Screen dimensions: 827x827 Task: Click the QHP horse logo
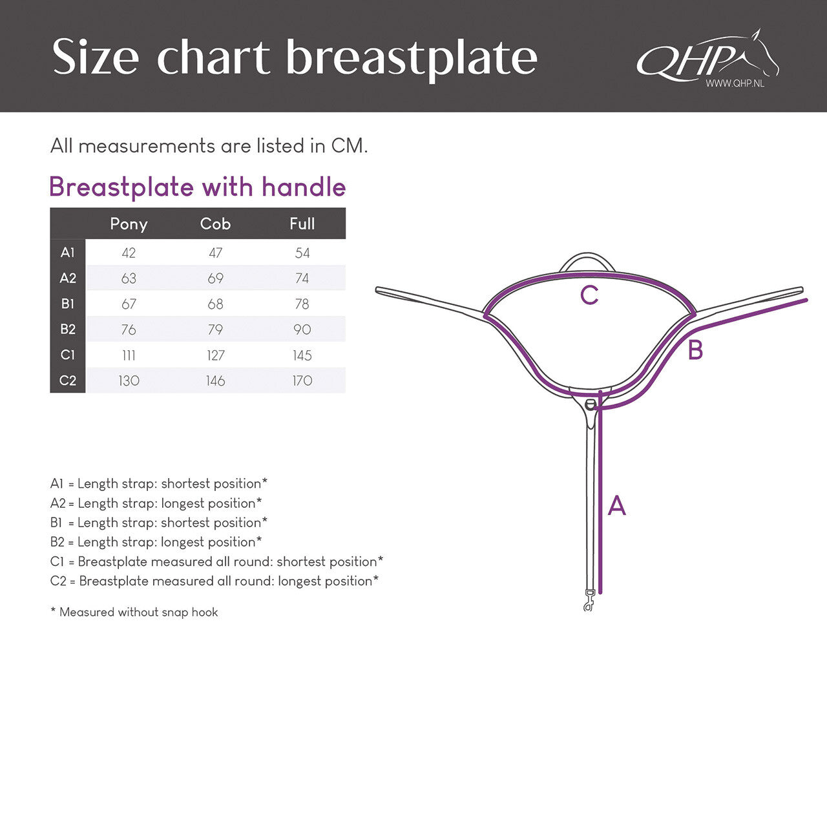point(707,57)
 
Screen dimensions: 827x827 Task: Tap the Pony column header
point(129,224)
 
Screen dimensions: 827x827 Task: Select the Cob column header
point(215,224)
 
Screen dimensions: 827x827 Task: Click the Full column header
point(302,224)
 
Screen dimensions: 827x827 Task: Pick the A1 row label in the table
point(68,253)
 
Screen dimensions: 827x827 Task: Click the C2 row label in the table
point(68,381)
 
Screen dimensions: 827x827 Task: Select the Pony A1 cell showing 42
point(129,253)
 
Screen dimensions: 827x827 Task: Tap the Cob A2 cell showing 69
point(215,278)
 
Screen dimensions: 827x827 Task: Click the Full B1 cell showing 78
point(302,304)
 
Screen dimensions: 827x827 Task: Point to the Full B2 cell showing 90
point(302,330)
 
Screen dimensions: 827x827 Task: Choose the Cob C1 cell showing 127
point(215,355)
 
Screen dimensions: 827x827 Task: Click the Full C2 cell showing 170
point(302,381)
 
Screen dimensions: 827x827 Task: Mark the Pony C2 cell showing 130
point(129,381)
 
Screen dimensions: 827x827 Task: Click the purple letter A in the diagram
point(617,506)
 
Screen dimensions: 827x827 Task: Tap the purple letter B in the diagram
point(695,350)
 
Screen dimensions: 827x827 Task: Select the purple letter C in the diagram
point(589,295)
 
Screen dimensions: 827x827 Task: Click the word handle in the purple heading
point(304,187)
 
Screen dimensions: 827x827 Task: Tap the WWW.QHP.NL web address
point(735,83)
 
